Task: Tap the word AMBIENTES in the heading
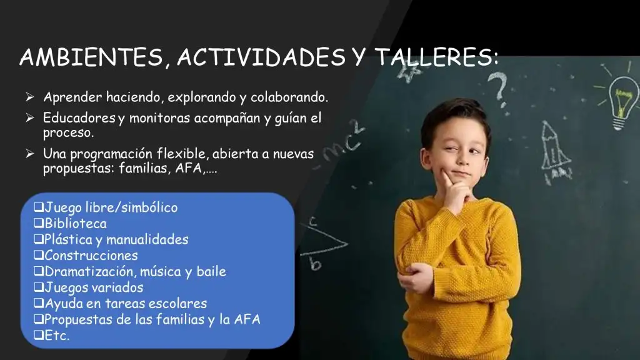point(91,57)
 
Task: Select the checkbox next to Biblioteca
point(39,223)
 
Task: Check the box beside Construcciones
point(39,255)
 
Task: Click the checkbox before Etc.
point(39,335)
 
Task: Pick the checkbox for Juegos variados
point(39,287)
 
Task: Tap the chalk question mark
point(499,87)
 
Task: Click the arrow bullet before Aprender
point(29,97)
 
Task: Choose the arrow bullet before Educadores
point(29,117)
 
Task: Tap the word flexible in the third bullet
point(182,154)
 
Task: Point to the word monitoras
point(159,118)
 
